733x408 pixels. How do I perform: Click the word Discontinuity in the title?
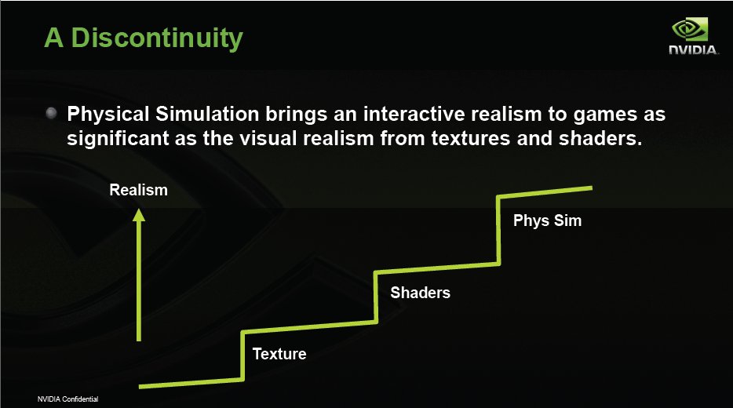coord(157,38)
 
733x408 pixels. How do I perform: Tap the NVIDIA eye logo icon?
coord(690,30)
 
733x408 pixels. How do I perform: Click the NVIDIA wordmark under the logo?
coord(694,50)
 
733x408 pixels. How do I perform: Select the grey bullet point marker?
coord(52,113)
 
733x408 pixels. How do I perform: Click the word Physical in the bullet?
coord(108,115)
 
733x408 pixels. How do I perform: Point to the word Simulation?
coord(207,114)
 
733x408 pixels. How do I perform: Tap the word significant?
coord(118,139)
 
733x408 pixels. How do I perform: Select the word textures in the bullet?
coord(471,139)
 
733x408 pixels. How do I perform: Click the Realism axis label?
coord(138,190)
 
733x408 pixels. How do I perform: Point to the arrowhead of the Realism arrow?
coord(139,215)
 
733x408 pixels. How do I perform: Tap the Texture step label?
coord(279,354)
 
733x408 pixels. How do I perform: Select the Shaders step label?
coord(421,293)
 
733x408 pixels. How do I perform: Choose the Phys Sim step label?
coord(548,220)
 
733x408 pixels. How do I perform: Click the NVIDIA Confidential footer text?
coord(67,399)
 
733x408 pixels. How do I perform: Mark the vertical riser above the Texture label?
coord(243,355)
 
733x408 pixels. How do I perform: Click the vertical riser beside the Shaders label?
coord(376,297)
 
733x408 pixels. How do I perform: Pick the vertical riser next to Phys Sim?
coord(499,230)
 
